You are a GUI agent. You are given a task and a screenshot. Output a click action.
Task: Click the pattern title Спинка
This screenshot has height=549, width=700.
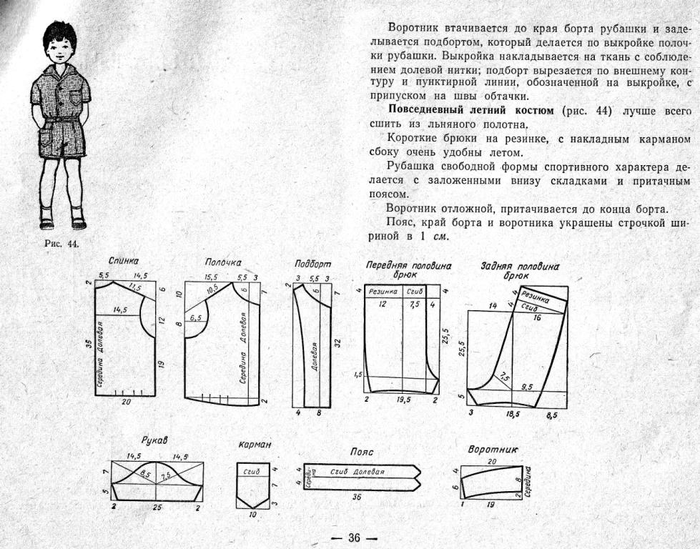(124, 262)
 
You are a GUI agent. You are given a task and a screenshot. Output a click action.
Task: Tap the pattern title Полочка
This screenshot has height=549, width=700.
(223, 262)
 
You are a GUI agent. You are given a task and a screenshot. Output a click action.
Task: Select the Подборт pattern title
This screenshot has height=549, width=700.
(312, 264)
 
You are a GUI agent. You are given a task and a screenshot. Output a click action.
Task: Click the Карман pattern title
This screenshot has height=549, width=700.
(255, 445)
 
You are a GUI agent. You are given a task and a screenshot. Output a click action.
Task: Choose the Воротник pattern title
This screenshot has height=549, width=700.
(493, 450)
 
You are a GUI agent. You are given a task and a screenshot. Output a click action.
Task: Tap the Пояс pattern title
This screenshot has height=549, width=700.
(362, 452)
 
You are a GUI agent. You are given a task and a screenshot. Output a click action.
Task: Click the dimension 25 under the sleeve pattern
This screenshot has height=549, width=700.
(157, 507)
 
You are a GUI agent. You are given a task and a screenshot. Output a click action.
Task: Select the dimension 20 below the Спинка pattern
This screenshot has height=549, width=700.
(127, 402)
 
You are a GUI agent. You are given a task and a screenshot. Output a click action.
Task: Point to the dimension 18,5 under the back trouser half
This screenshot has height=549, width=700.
(512, 414)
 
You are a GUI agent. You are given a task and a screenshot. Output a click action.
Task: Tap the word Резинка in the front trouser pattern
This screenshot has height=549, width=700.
(383, 292)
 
